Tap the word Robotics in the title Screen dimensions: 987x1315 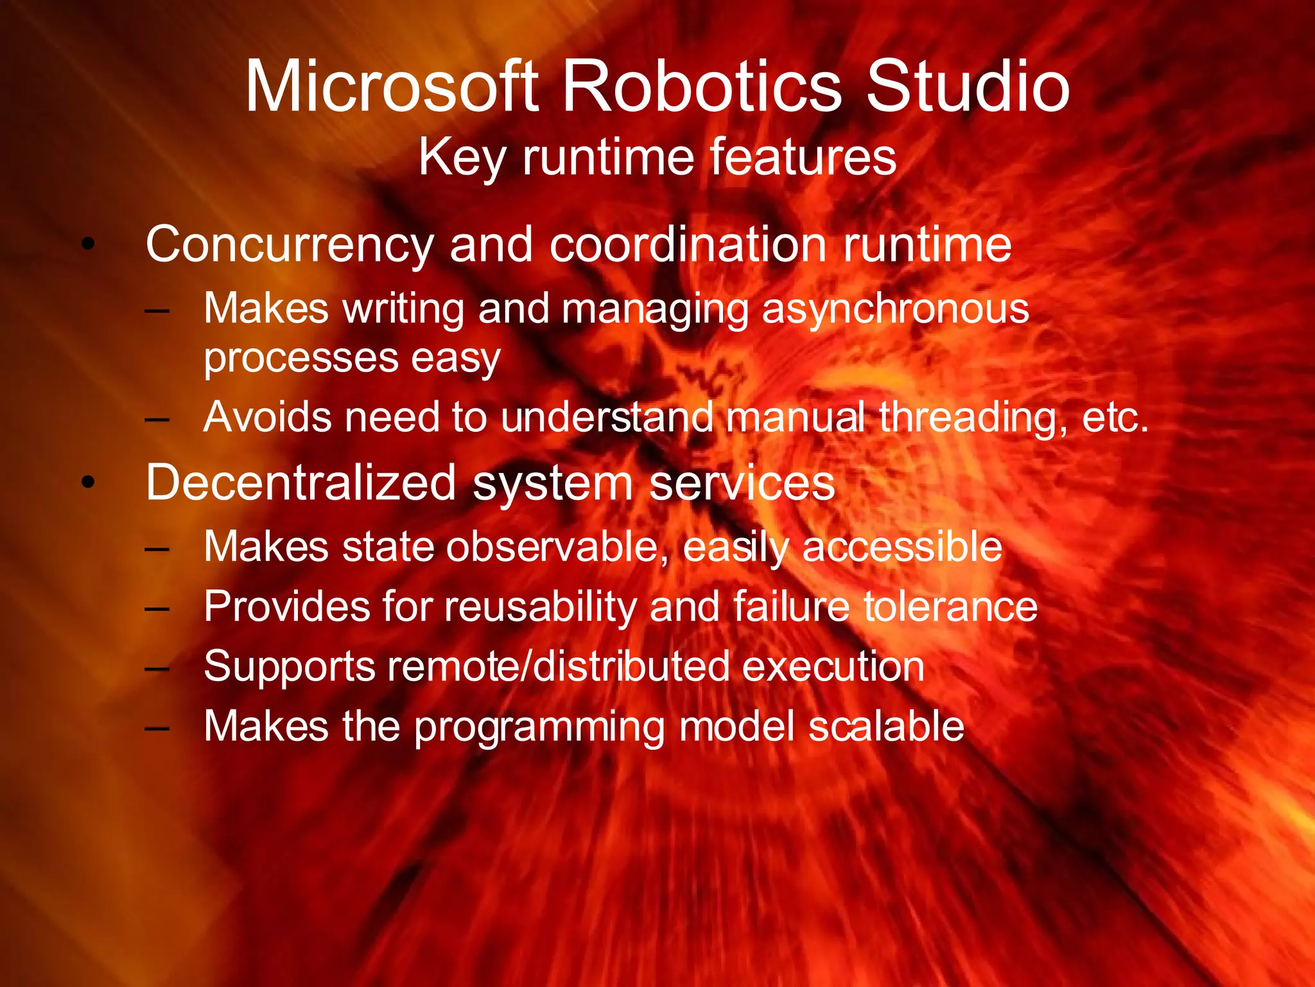(701, 87)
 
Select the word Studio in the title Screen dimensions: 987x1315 (968, 87)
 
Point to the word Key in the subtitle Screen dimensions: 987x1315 (462, 158)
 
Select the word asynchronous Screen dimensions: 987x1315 (896, 309)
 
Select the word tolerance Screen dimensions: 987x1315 (950, 607)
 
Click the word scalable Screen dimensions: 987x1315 (886, 726)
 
